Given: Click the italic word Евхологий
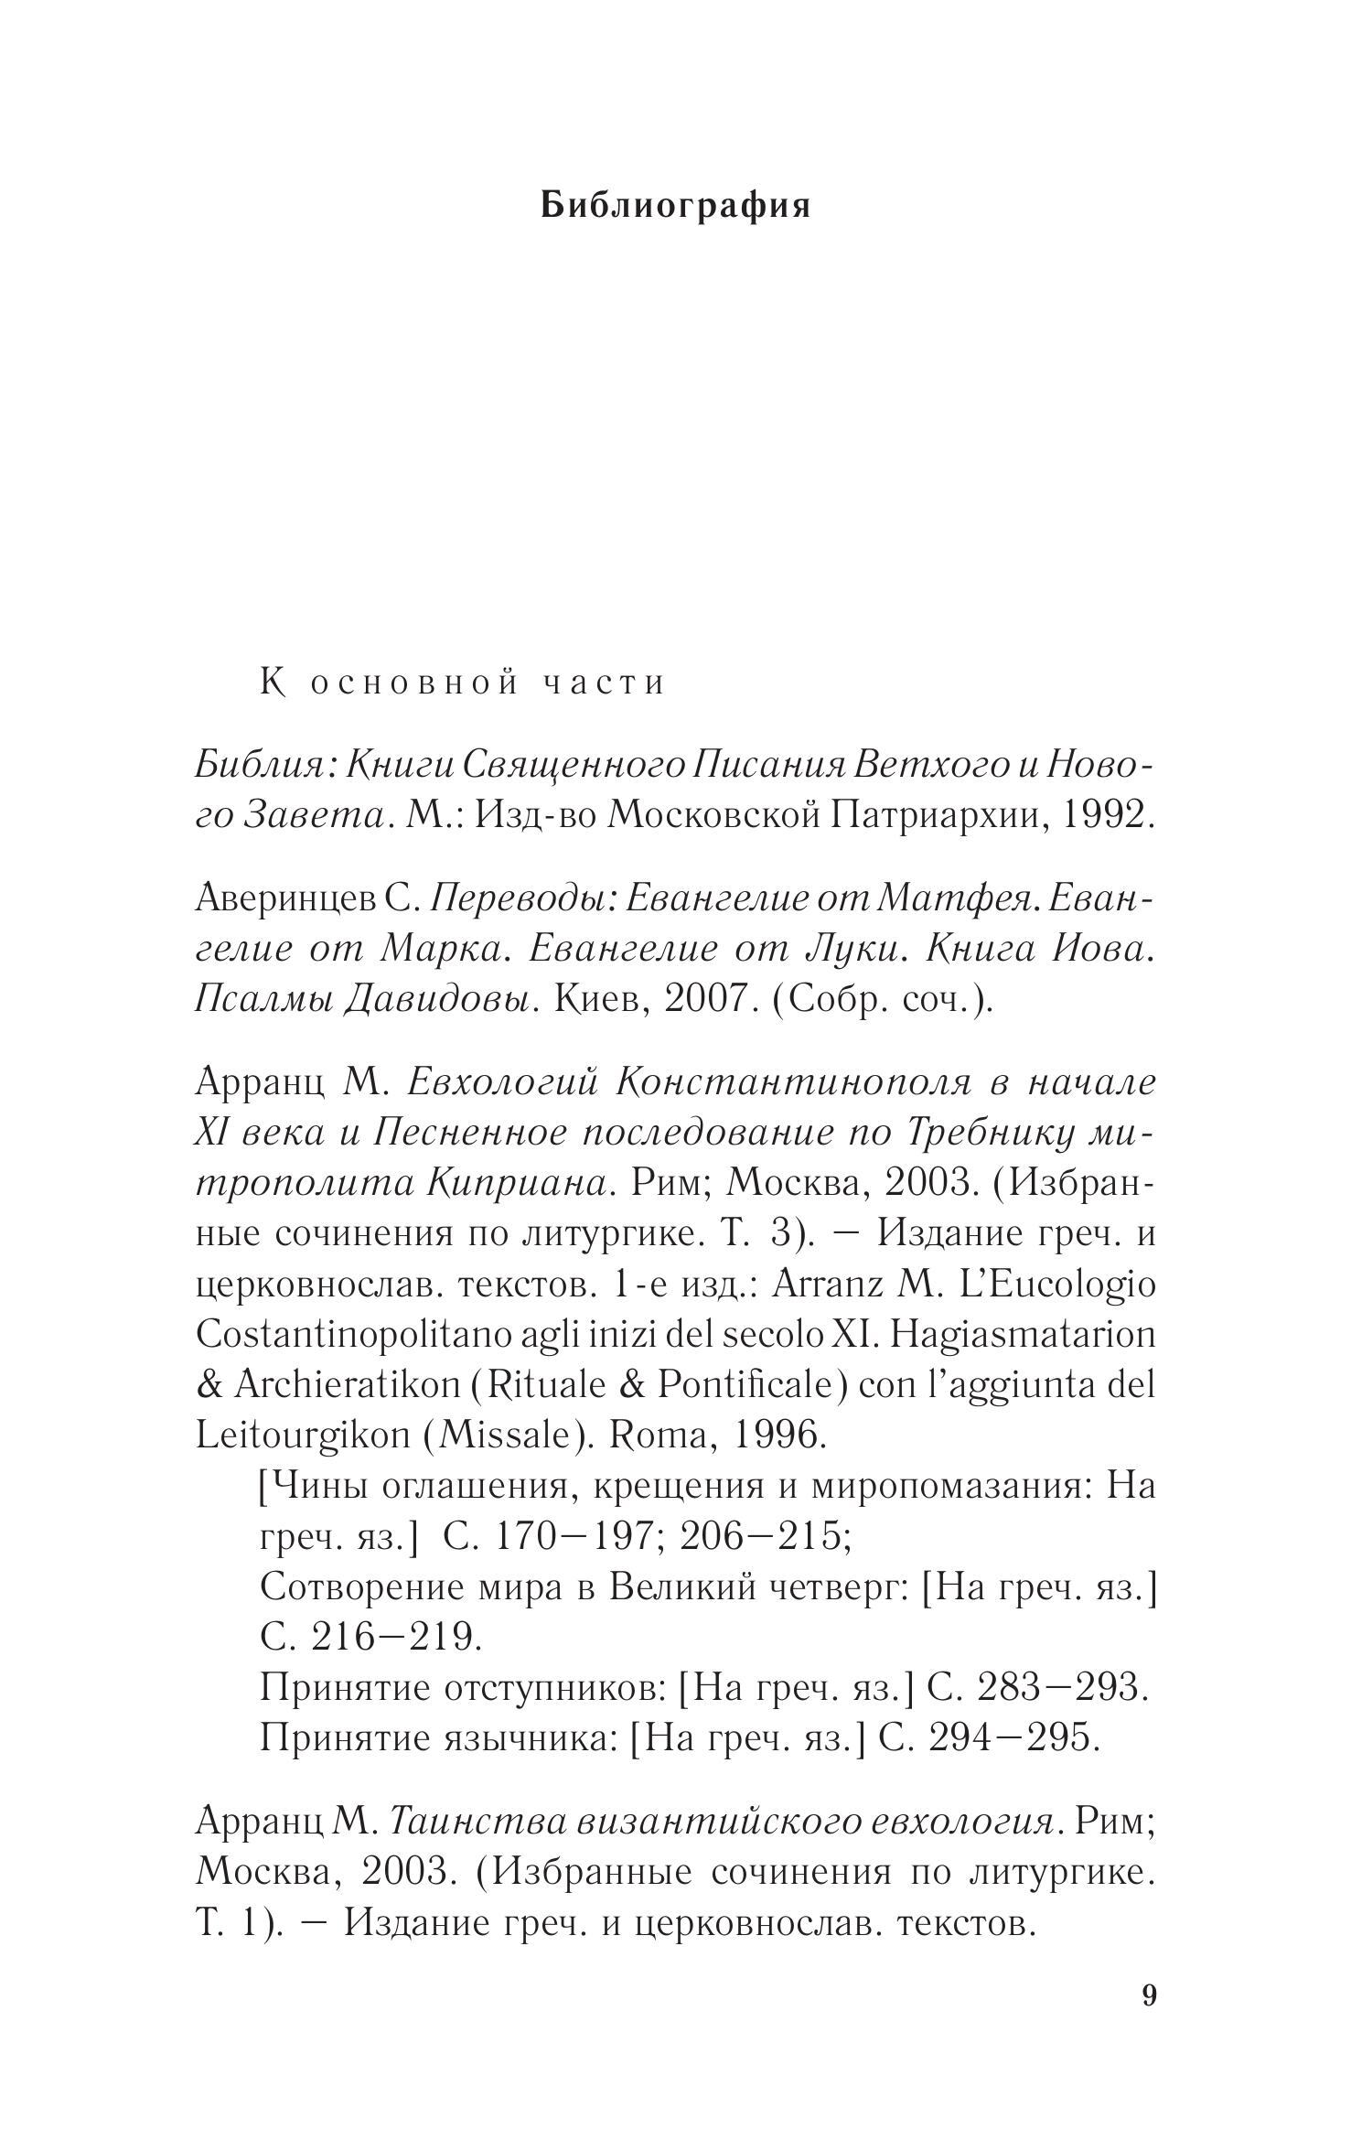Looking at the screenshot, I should click(x=503, y=1083).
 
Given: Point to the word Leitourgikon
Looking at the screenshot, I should click(x=303, y=1436).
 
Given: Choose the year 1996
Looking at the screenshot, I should click(x=777, y=1436).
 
